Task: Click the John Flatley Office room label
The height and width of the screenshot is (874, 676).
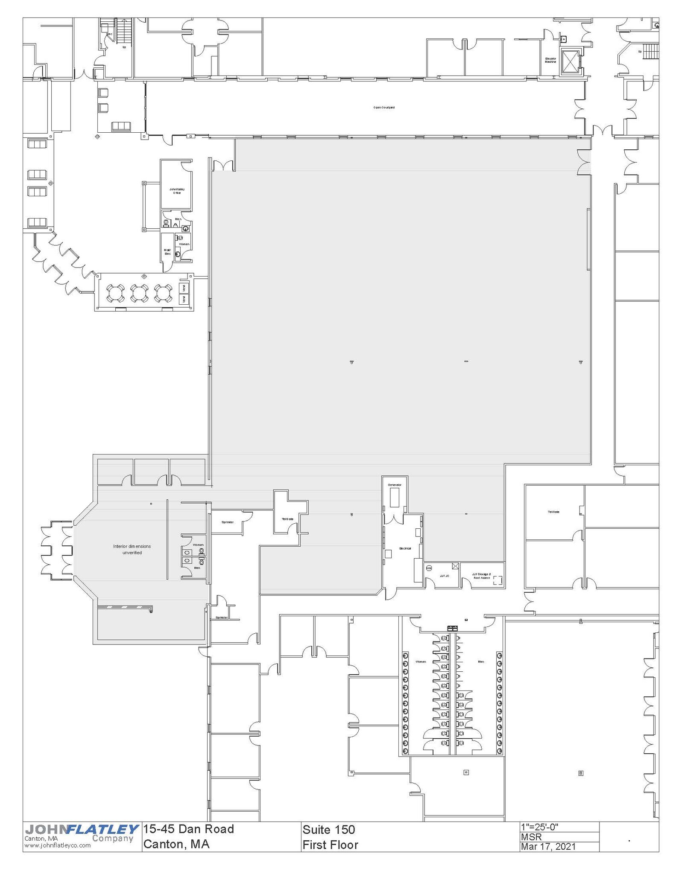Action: [177, 191]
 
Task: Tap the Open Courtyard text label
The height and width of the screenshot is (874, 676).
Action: [383, 108]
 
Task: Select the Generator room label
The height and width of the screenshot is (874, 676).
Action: [394, 485]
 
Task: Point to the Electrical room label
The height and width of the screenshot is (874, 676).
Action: [405, 548]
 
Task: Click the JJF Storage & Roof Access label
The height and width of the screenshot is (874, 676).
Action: [482, 576]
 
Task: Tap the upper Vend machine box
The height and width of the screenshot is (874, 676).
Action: [184, 288]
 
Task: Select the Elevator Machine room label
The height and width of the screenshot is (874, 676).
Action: [550, 60]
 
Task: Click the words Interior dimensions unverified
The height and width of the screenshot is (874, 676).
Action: [132, 549]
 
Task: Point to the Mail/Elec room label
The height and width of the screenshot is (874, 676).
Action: [167, 252]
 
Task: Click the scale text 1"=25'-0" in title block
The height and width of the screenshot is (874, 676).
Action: [539, 827]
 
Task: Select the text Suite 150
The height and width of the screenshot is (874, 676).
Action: [328, 830]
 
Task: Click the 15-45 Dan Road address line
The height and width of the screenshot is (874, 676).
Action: [188, 829]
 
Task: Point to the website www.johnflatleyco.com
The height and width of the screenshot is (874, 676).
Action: [57, 845]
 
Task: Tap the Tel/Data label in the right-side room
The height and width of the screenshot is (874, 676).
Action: [553, 512]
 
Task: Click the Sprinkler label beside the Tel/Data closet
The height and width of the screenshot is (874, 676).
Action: [227, 522]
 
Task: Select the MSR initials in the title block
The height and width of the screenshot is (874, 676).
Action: [531, 837]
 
